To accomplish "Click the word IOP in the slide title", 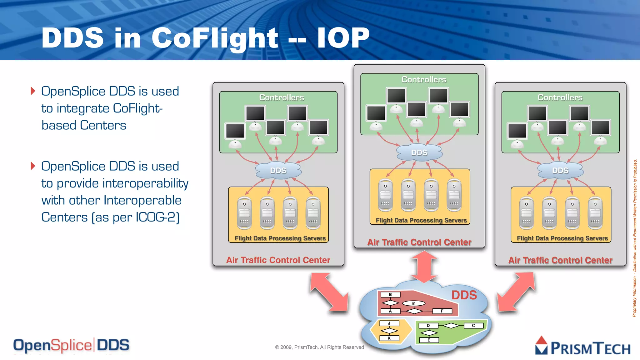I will [343, 38].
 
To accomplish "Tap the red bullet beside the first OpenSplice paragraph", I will [33, 91].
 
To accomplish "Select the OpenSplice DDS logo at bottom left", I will [71, 345].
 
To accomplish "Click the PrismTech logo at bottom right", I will [583, 346].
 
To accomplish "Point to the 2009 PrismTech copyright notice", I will [319, 347].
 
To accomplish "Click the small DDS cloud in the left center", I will [278, 171].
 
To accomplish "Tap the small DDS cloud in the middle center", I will [419, 152].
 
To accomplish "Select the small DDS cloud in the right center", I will [560, 171].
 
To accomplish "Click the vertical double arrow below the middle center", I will [424, 267].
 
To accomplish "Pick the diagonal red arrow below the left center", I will [329, 292].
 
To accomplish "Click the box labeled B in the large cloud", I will [390, 294].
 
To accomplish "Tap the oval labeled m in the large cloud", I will [413, 303].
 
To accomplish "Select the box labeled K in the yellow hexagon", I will [389, 338].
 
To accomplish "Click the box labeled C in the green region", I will [473, 325].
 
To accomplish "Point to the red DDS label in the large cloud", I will [464, 295].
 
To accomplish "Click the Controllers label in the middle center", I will [424, 80].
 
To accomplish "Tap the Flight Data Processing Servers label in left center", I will [280, 238].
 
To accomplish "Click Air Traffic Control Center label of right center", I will [560, 260].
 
